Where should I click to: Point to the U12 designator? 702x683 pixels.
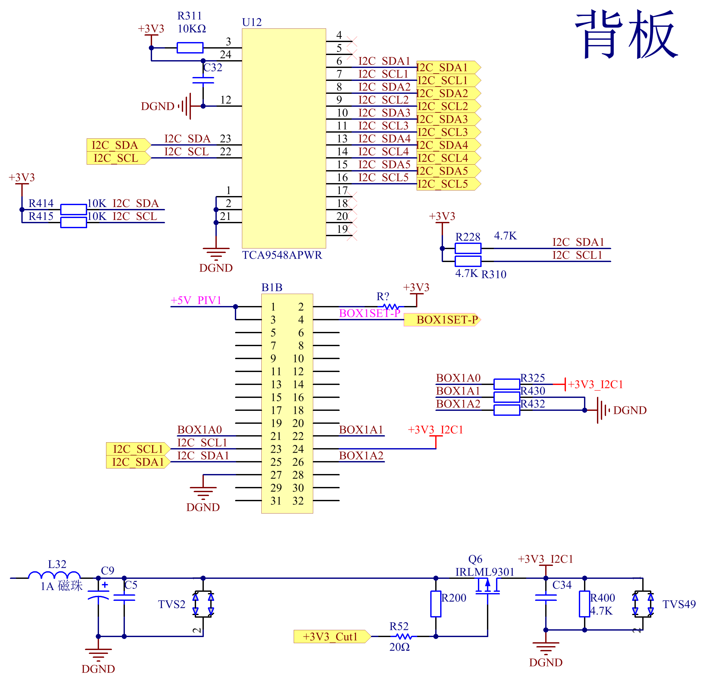coord(252,22)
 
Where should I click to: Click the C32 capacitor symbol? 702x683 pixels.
coord(203,80)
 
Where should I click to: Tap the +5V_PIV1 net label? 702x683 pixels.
coord(196,300)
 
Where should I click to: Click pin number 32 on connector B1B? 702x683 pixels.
coord(298,501)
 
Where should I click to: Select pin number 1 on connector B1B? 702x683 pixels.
coord(273,307)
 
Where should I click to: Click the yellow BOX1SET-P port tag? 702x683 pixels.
coord(442,320)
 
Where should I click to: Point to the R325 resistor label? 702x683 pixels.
coord(533,378)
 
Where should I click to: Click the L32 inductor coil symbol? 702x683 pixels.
coord(54,575)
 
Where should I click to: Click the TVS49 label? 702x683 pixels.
coord(679,604)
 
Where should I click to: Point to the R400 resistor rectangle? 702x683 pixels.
coord(584,604)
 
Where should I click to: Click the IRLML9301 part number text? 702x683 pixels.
coord(485,572)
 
